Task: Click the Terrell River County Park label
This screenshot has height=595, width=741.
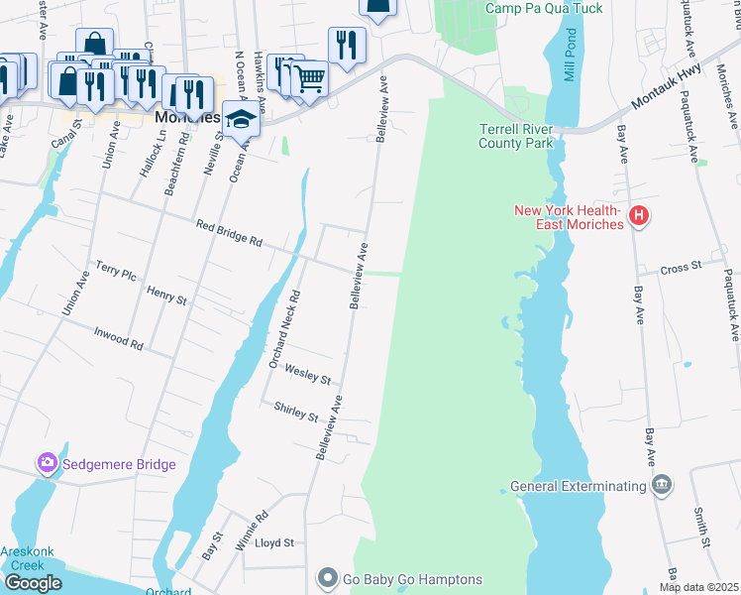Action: (x=515, y=136)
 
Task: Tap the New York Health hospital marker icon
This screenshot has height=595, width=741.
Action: (x=639, y=216)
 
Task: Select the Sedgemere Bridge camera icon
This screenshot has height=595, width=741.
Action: (x=47, y=463)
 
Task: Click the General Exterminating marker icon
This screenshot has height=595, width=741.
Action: (x=661, y=485)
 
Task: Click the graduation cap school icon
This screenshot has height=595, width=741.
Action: (x=240, y=120)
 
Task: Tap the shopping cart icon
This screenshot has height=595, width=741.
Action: (x=310, y=77)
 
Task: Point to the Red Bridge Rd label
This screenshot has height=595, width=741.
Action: (x=229, y=233)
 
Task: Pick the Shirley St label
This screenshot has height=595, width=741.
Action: (x=295, y=410)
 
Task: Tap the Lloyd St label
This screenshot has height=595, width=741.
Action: (x=274, y=542)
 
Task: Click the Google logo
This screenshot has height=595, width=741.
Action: (x=33, y=583)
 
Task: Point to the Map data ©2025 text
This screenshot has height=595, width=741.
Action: (x=699, y=587)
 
